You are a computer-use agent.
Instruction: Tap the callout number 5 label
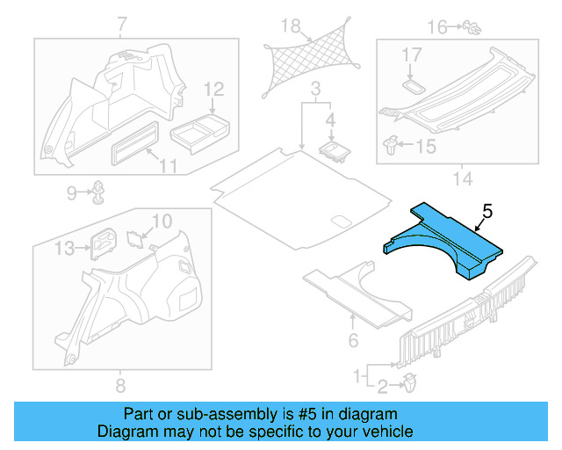tap(488, 212)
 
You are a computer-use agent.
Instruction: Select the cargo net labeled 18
tap(312, 56)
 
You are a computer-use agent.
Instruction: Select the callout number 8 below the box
tap(120, 385)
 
